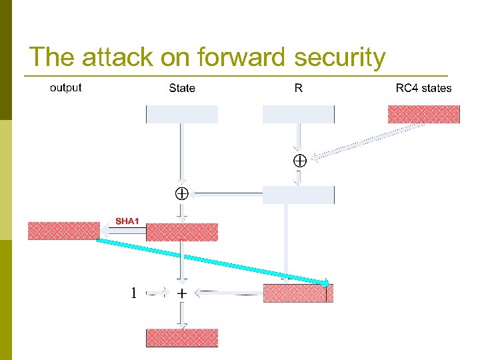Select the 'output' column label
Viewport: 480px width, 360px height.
click(65, 87)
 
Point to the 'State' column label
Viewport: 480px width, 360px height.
click(182, 88)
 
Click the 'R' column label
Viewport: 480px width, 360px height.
click(298, 88)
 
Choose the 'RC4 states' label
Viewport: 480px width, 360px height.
click(423, 88)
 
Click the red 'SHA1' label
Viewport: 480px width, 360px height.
click(127, 220)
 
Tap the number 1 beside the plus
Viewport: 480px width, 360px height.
click(134, 293)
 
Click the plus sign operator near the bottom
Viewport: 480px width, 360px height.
click(182, 293)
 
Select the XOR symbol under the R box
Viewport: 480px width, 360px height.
click(299, 160)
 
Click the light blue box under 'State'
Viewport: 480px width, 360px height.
click(182, 114)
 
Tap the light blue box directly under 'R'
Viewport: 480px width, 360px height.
click(298, 114)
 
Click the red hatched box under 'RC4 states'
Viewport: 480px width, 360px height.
click(424, 114)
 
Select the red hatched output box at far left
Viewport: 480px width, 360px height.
click(63, 231)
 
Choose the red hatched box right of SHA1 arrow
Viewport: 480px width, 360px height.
click(182, 231)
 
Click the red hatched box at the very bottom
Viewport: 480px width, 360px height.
click(182, 337)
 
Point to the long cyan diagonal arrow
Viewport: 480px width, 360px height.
click(213, 261)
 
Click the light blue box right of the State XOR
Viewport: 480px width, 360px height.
click(298, 195)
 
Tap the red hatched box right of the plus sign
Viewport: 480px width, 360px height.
click(297, 293)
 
